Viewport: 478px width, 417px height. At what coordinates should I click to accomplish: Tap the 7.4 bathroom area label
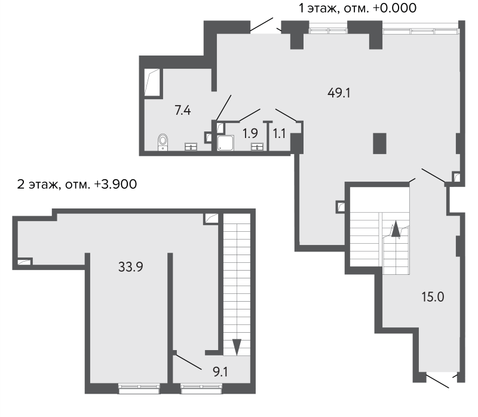point(182,110)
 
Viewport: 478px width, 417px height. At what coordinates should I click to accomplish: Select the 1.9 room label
point(249,133)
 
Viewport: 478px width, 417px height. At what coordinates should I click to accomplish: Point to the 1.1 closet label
point(279,133)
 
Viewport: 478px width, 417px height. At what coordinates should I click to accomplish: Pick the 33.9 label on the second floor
point(130,267)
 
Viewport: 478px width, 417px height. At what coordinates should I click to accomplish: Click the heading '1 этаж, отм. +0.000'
point(357,8)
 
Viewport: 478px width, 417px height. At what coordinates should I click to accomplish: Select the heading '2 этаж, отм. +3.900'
point(78,184)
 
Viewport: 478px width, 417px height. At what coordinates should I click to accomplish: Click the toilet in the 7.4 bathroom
point(163,142)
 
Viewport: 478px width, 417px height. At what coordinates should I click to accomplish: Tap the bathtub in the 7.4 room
point(153,81)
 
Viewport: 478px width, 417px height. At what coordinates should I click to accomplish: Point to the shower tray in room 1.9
point(226,143)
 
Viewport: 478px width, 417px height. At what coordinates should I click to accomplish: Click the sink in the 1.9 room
point(258,147)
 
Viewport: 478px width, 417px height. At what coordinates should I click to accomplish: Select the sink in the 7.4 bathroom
point(191,147)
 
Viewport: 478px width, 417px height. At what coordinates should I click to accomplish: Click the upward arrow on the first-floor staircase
point(394,229)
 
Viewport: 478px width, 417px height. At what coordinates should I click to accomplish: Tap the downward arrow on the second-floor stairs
point(237,347)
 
